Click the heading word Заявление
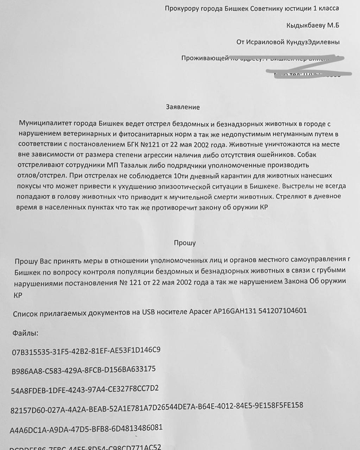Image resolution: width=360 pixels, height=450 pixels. tap(183, 107)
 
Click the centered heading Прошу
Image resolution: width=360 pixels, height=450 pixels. tap(185, 243)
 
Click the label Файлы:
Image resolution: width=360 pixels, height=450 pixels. tap(25, 333)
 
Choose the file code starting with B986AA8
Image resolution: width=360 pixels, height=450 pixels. tap(83, 370)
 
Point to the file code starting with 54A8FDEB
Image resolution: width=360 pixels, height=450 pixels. tap(85, 389)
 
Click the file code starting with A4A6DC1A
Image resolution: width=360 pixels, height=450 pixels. tap(86, 428)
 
